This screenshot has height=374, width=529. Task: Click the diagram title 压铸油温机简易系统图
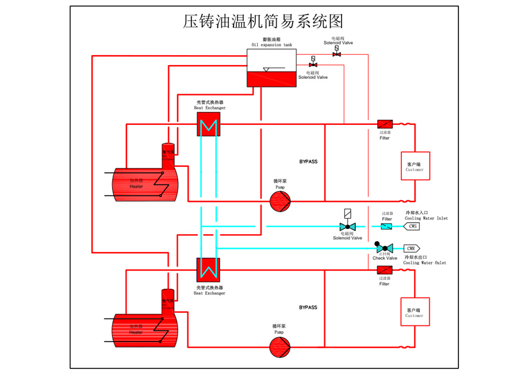pos(263,21)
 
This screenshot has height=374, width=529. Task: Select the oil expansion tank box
pos(271,68)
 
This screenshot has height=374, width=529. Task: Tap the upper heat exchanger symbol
pos(208,124)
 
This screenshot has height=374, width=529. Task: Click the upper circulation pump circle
pos(280,200)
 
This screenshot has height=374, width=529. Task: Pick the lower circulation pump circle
pos(280,346)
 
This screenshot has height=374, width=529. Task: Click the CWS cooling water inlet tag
pos(412,226)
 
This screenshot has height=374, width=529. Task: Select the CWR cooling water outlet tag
pos(412,249)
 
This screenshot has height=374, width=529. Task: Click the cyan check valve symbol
pos(384,249)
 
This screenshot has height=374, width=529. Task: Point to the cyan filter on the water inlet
pos(386,226)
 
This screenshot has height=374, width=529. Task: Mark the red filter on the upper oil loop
pos(385,124)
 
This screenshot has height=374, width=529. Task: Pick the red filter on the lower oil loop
pos(385,270)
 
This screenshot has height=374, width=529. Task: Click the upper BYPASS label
pos(308,162)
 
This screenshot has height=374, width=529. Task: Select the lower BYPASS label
pos(308,307)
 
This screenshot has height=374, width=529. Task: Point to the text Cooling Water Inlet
pos(426,219)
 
